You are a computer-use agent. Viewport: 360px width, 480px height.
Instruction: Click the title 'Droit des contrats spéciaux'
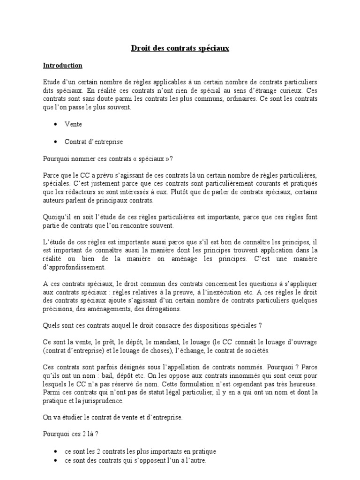tap(180, 48)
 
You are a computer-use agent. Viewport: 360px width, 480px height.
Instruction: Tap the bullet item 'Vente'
tap(73, 125)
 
